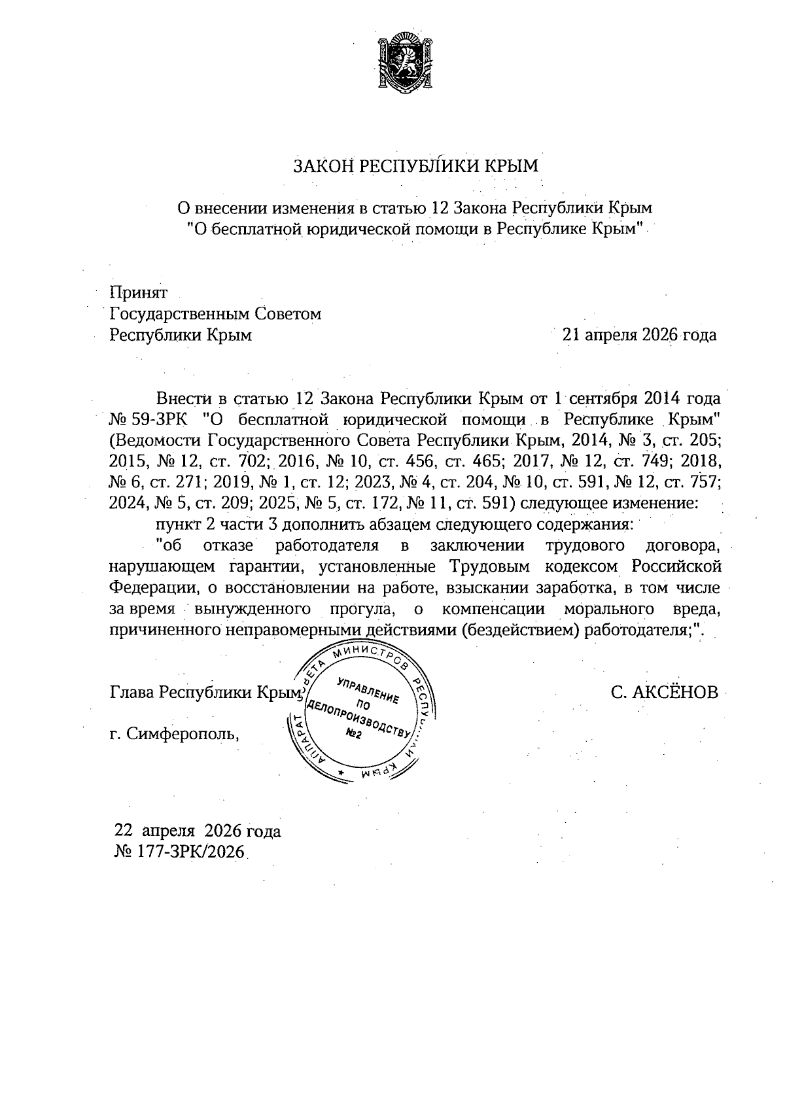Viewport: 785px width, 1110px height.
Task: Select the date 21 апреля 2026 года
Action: [x=639, y=335]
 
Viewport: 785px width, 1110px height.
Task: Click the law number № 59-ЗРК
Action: [x=148, y=419]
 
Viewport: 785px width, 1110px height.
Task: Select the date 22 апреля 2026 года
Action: [x=198, y=831]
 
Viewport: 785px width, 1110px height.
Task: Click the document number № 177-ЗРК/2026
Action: [x=179, y=852]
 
